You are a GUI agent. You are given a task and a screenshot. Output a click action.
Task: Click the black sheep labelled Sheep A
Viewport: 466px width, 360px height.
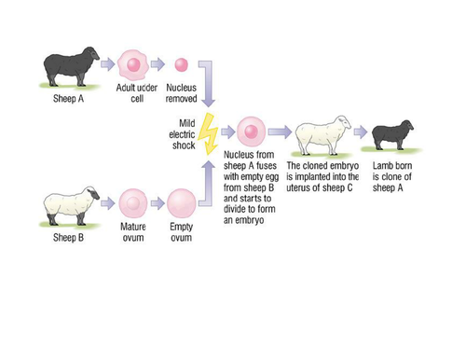(x=68, y=67)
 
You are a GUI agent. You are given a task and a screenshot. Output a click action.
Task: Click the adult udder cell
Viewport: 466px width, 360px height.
(x=133, y=64)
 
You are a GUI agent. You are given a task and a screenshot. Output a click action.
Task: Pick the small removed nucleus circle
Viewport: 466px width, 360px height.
(x=181, y=65)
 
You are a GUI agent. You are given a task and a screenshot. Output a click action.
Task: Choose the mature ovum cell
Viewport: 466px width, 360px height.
(x=133, y=201)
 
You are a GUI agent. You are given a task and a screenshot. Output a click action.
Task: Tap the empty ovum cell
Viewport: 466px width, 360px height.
(x=181, y=201)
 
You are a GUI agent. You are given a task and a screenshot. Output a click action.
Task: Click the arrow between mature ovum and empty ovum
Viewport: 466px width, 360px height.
(x=157, y=201)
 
